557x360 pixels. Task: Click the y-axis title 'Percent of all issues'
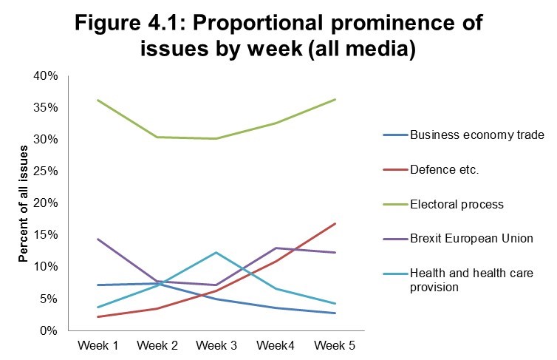24,203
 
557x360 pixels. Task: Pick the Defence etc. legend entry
445,170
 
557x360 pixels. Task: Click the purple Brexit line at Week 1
98,239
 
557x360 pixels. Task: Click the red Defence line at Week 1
98,316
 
